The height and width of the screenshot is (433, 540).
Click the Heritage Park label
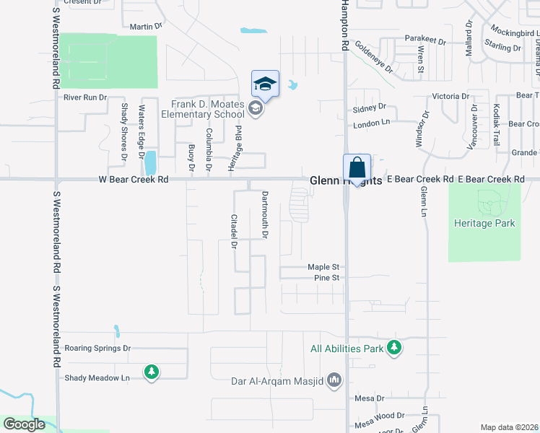484,223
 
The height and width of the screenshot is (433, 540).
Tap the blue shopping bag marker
357,168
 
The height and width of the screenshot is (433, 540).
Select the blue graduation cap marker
265,84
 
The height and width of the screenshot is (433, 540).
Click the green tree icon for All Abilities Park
393,348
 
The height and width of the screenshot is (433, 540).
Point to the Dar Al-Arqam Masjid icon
334,380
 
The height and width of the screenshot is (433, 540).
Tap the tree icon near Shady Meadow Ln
151,372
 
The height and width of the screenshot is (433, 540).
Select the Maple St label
323,266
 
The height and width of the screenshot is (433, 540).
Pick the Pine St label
326,278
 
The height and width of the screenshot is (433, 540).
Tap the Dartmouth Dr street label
265,215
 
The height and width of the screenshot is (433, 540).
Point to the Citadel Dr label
234,231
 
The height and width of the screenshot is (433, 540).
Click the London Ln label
371,123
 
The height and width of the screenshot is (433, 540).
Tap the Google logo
24,424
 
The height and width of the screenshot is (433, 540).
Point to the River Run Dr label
85,97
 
